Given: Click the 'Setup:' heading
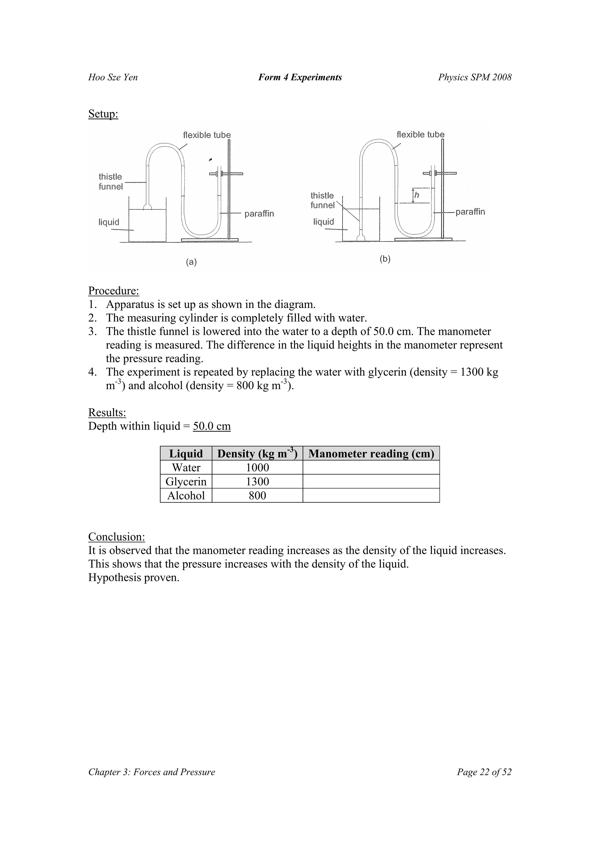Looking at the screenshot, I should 103,114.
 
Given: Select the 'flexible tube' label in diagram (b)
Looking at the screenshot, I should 420,135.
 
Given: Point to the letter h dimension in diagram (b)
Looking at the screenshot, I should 417,195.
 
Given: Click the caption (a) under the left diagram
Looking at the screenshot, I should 191,262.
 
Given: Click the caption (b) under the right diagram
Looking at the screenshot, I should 385,259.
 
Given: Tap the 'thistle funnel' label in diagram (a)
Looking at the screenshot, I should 110,182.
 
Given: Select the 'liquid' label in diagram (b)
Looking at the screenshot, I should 323,222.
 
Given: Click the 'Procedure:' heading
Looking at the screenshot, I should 113,291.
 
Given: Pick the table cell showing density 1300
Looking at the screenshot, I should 257,482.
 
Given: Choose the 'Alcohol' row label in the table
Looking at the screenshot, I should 186,496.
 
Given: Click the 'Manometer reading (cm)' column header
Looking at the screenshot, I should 371,454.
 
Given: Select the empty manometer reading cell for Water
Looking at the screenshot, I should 371,467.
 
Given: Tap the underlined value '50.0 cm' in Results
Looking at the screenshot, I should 212,426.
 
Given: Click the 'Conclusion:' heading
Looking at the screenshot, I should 116,537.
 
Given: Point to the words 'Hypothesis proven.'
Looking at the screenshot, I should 134,577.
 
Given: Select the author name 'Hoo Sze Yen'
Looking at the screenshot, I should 113,77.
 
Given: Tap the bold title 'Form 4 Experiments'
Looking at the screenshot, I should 300,77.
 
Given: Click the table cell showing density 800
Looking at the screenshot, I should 257,496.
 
